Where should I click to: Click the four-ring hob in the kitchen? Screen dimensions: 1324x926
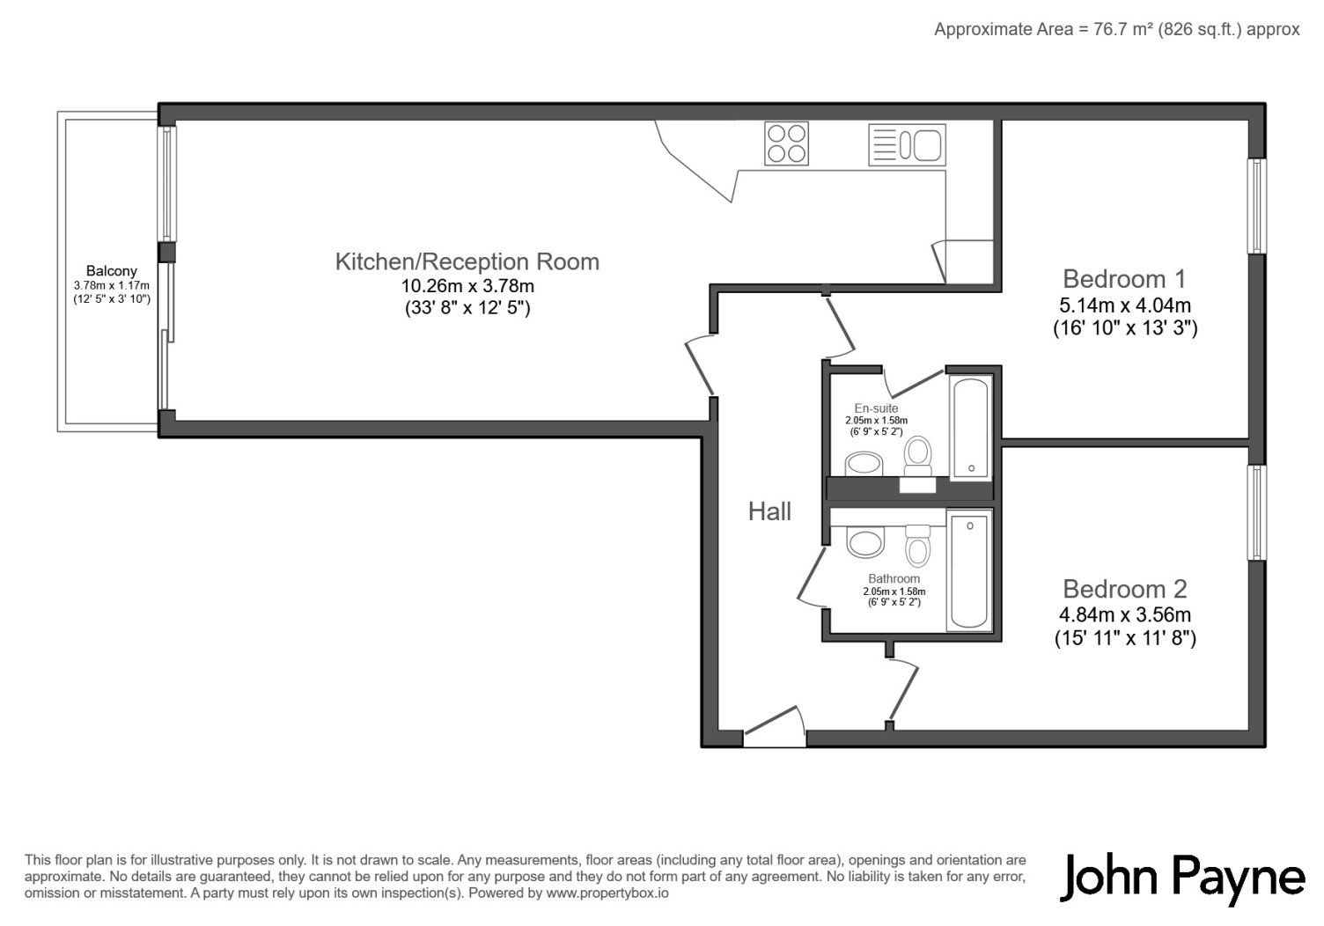(x=786, y=143)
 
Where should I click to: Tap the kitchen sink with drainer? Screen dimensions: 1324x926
(x=907, y=144)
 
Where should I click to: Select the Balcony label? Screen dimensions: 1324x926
(x=112, y=271)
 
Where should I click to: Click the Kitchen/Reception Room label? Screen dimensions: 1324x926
(x=467, y=261)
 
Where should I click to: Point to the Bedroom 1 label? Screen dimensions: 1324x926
(x=1124, y=279)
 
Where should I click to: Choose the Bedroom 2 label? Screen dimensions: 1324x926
(x=1125, y=589)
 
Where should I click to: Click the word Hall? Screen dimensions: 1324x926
(x=769, y=511)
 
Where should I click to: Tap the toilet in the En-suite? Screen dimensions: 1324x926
(x=918, y=456)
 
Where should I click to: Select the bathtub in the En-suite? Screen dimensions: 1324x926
(x=971, y=427)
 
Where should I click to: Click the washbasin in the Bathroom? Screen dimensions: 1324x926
(x=865, y=543)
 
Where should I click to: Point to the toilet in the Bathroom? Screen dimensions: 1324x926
(x=917, y=545)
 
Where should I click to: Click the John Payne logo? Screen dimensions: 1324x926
(x=1182, y=880)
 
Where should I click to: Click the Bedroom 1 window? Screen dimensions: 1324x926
(x=1256, y=206)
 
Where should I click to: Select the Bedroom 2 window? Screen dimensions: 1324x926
(x=1256, y=512)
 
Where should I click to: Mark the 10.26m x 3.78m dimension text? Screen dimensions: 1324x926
(x=467, y=286)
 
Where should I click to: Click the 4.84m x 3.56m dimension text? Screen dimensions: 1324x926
(x=1125, y=614)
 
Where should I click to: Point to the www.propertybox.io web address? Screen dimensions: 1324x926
(x=607, y=893)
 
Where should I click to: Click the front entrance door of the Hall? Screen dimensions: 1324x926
(x=775, y=728)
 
